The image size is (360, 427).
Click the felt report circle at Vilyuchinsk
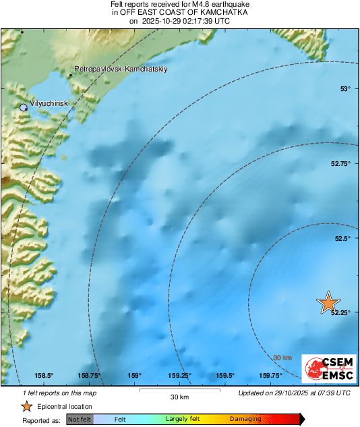tap(24, 107)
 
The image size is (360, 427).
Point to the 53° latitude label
tap(345, 89)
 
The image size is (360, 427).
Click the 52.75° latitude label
tap(340, 164)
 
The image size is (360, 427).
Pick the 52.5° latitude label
tap(343, 238)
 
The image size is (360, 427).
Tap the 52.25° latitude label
tap(340, 312)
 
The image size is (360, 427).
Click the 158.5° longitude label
tap(44, 376)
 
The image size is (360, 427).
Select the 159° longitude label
tap(135, 376)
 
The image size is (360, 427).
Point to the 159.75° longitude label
tap(270, 376)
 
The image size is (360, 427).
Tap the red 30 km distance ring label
tap(282, 358)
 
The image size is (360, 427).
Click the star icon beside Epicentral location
tap(26, 406)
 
